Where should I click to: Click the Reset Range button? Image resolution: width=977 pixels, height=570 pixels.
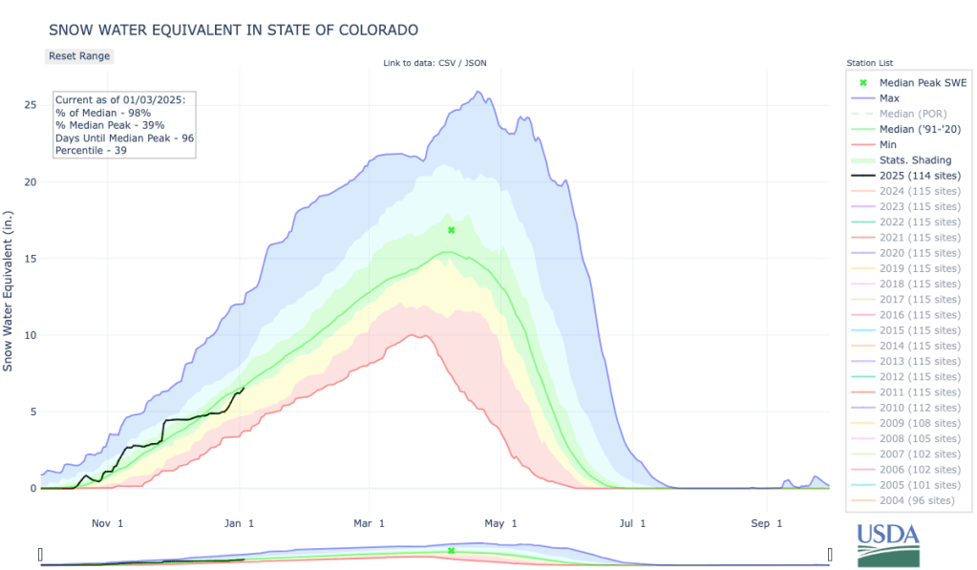tap(79, 55)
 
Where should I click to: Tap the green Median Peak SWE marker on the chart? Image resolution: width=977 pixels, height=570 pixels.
tap(451, 230)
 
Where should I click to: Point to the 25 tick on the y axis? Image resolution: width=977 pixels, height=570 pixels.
tap(31, 104)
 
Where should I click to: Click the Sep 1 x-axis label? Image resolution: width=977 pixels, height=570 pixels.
tap(767, 522)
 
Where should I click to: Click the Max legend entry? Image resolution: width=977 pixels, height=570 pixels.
tap(889, 97)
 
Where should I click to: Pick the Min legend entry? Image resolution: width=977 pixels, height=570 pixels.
tap(889, 144)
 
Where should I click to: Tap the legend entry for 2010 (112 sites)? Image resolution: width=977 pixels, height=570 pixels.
tap(920, 409)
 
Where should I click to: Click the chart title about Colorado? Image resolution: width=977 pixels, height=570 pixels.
tap(233, 30)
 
